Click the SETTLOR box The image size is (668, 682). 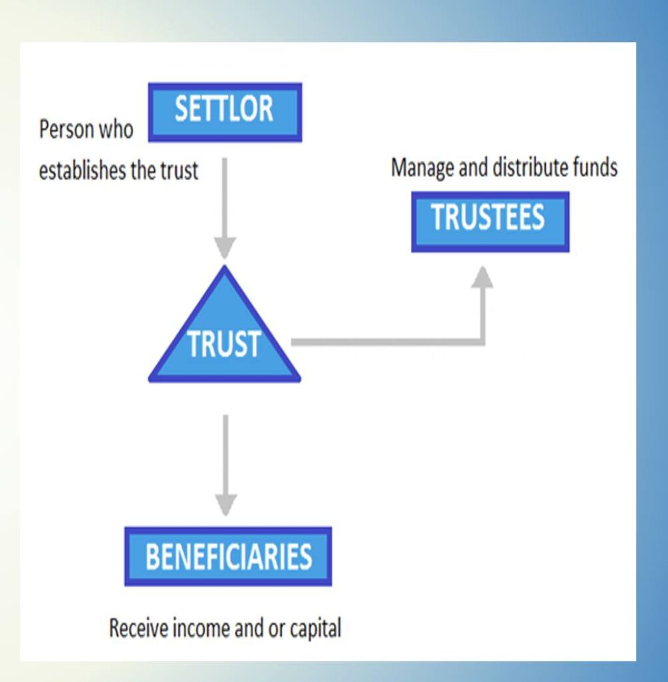click(x=225, y=112)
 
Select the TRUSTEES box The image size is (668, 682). click(x=490, y=221)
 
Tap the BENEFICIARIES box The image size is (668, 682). click(x=228, y=556)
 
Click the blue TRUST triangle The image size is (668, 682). click(x=224, y=335)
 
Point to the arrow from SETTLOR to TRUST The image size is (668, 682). click(x=225, y=208)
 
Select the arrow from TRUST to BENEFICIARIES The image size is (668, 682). click(x=226, y=465)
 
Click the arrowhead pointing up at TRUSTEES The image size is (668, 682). click(x=482, y=276)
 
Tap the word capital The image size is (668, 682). click(x=315, y=629)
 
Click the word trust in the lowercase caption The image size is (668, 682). click(x=180, y=170)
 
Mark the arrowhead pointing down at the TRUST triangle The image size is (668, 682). click(x=225, y=248)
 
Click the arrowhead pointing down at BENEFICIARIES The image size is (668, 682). click(x=226, y=505)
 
